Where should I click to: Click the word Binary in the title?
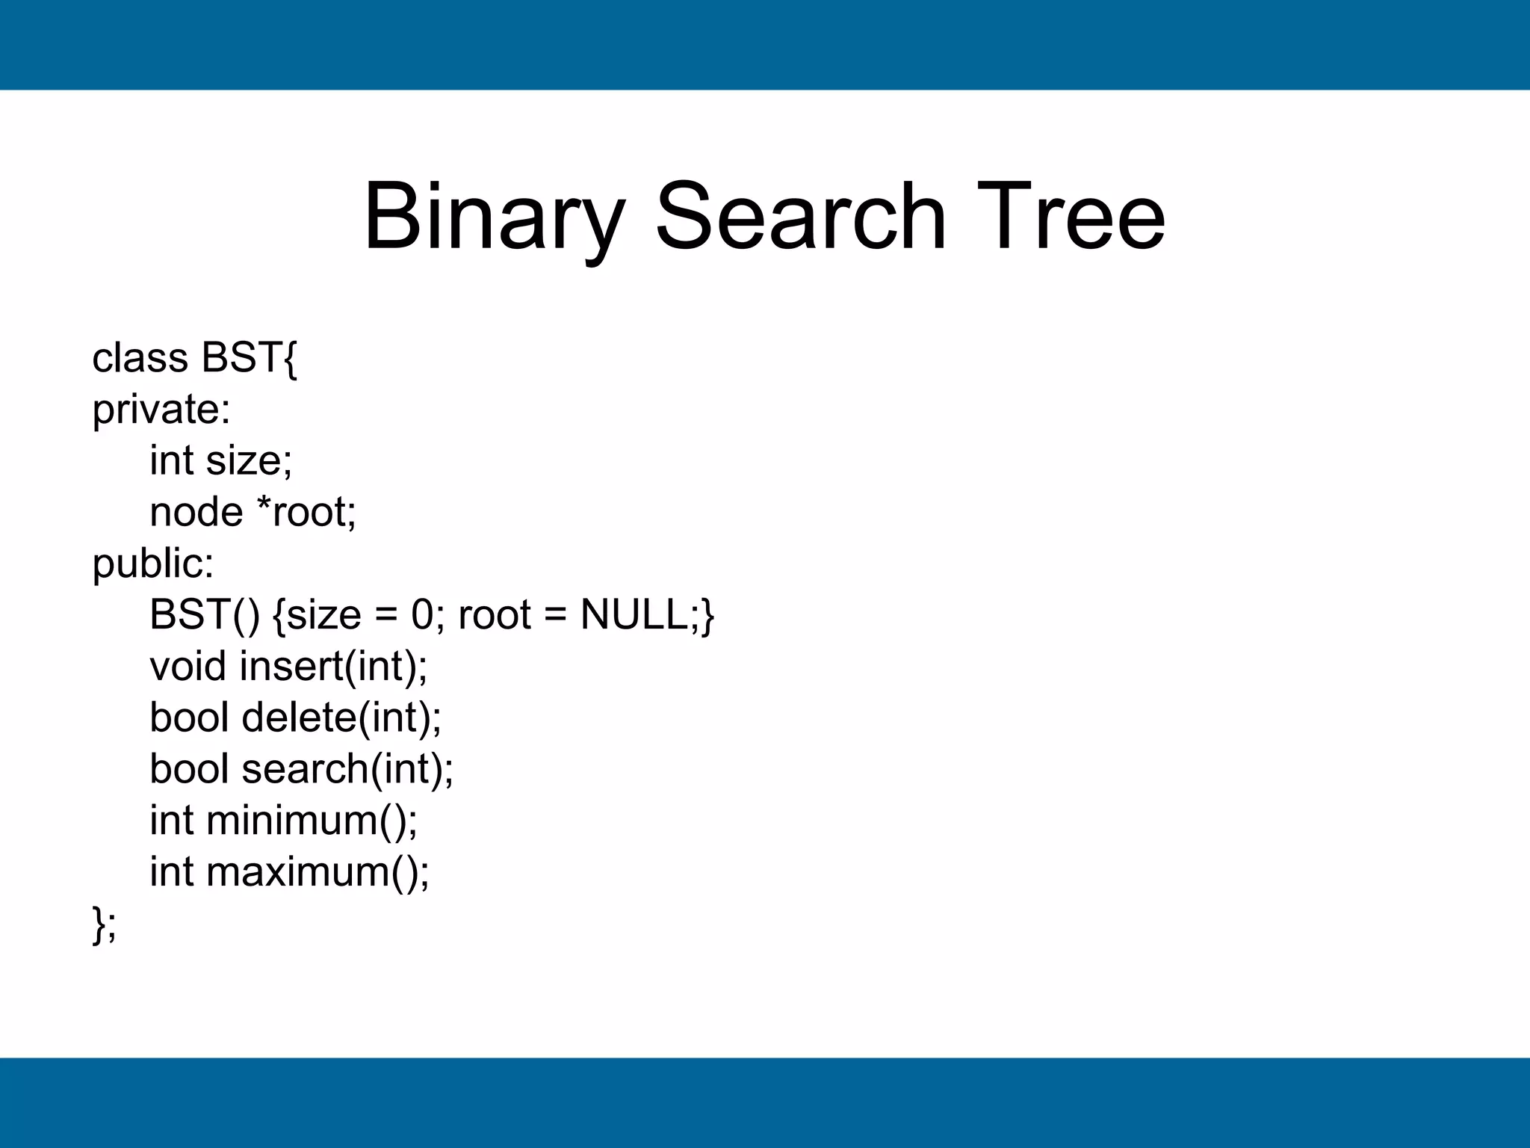click(493, 217)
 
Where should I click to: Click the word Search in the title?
click(800, 217)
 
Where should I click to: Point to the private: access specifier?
click(161, 410)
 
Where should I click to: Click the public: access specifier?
click(152, 564)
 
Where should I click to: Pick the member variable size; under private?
click(250, 460)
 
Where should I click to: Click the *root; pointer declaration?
click(306, 512)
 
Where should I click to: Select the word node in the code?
click(196, 512)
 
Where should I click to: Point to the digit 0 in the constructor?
click(422, 615)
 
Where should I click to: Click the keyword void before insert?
click(188, 666)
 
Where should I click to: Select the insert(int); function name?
click(333, 666)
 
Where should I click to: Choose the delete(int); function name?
click(341, 717)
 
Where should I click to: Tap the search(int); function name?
click(347, 769)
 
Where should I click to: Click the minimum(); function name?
click(312, 820)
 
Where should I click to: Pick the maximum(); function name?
click(318, 871)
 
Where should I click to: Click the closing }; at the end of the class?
click(104, 924)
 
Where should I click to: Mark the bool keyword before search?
click(189, 769)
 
